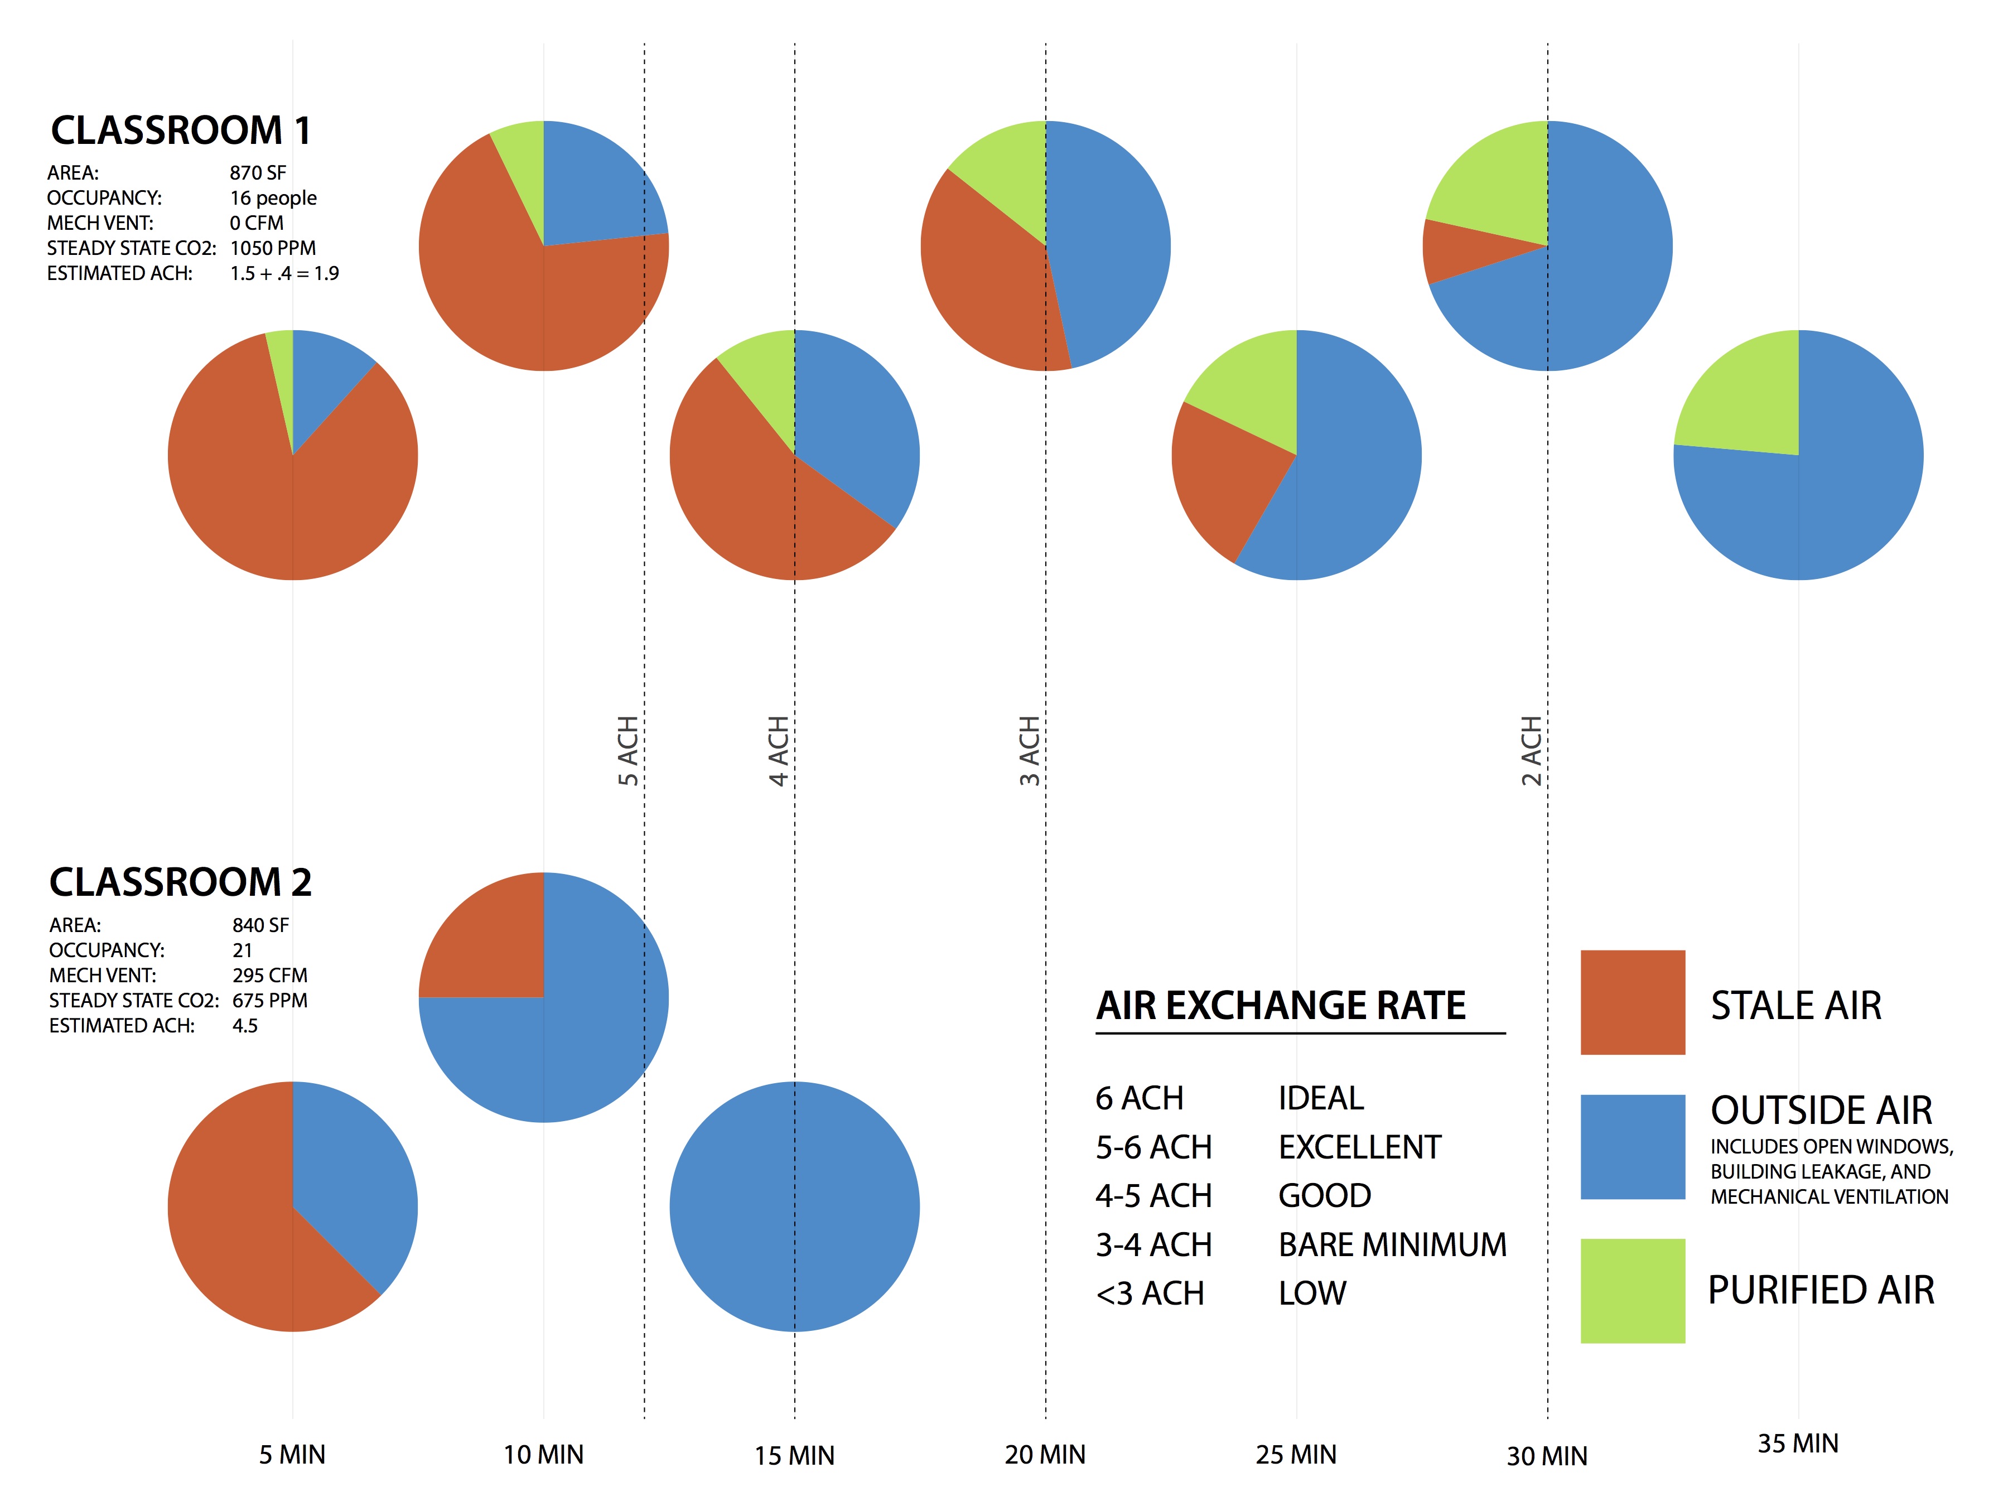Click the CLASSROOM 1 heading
181,131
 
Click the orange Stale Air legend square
1632,1002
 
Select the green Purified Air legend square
1632,1290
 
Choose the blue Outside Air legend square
1632,1147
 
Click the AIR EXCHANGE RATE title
1280,1006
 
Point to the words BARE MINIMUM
1392,1244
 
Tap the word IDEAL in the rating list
1321,1098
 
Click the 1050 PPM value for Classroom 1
272,248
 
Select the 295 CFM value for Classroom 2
269,975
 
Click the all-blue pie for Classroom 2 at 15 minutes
794,1206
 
